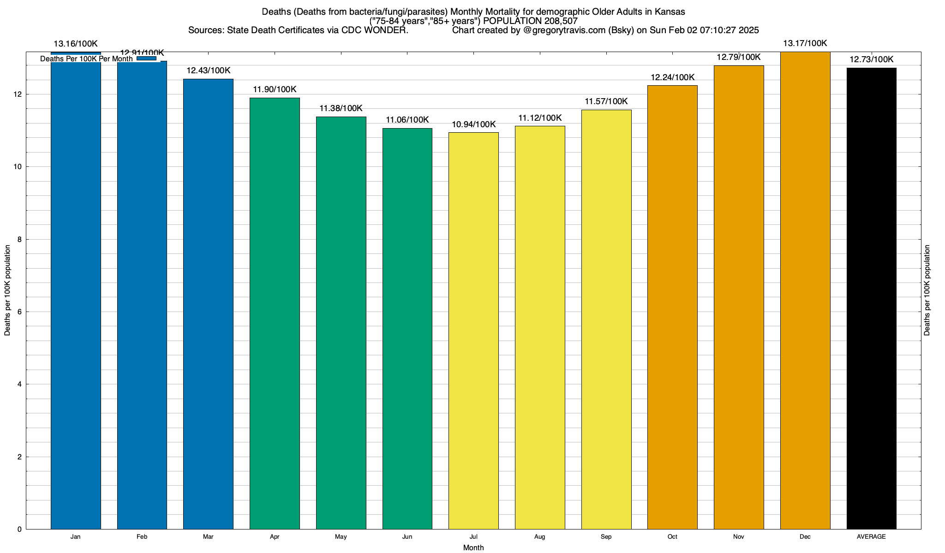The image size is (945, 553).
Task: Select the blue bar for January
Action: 76,295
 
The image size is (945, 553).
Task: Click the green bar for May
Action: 341,323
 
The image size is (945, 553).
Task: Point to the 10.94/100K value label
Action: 473,124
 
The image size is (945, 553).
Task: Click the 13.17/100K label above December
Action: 805,44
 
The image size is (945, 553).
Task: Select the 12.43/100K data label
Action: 208,71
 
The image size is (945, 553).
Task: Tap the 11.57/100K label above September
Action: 606,102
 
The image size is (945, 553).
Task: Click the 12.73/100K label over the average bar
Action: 871,60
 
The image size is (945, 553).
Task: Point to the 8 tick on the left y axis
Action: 19,239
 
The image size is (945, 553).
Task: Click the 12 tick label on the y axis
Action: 18,94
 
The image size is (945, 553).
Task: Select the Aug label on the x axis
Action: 539,537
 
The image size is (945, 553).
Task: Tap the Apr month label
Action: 275,537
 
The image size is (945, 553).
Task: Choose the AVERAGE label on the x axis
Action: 871,537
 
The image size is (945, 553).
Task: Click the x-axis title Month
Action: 473,548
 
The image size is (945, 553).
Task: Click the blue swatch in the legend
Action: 146,59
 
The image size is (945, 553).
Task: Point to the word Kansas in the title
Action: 670,12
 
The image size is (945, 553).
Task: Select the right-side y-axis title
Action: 927,290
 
